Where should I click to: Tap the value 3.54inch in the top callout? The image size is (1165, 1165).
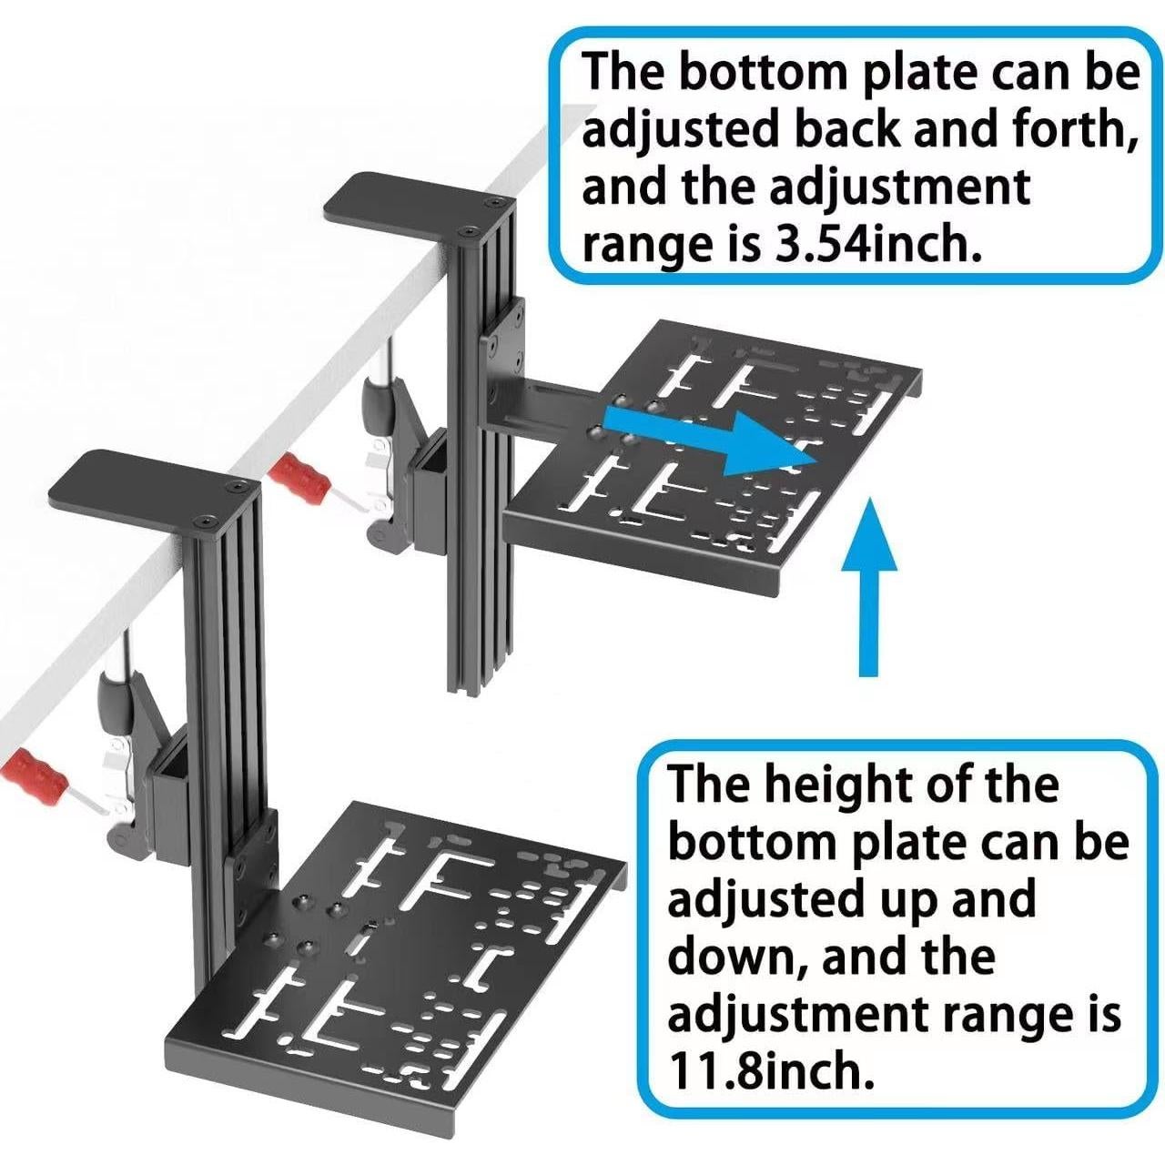878,246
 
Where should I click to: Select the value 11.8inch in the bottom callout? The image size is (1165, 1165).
772,1072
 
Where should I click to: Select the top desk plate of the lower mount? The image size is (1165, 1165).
146,481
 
